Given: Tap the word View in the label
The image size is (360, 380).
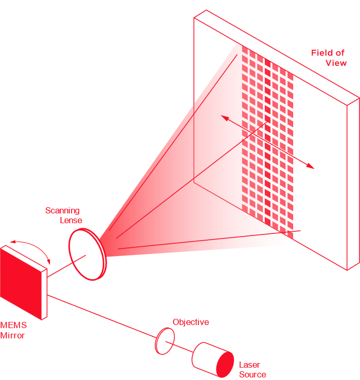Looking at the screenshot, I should point(336,63).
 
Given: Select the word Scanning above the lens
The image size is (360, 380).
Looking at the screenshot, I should point(63,210).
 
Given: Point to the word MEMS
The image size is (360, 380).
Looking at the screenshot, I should point(13,325).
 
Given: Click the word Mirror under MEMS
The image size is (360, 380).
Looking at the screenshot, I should point(12,335).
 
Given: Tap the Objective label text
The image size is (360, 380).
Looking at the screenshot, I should point(191,322).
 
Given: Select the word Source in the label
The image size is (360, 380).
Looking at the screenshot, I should point(253,374).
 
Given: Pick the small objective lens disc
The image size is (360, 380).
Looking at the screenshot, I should point(165,341).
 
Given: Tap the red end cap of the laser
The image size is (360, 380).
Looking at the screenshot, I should point(225,364).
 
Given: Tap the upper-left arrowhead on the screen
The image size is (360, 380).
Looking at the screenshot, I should point(224,118).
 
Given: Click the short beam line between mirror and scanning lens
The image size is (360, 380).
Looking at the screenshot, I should point(59,270).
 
